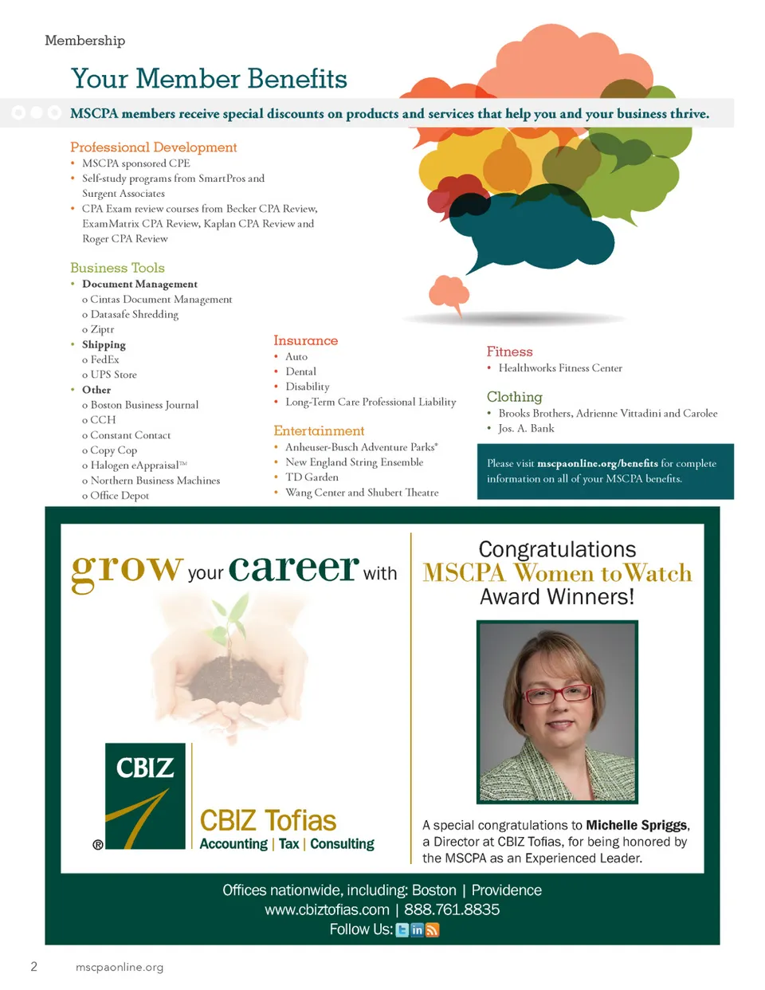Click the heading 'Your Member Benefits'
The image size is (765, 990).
[209, 79]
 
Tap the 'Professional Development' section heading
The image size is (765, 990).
[153, 147]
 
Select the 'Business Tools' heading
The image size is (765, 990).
[117, 268]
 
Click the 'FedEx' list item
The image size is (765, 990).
[104, 359]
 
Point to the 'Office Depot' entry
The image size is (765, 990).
[120, 496]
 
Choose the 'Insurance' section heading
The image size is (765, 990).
[305, 341]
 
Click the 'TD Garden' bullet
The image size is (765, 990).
[312, 477]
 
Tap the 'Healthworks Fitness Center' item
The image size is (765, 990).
[559, 368]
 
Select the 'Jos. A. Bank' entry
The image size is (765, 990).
[526, 429]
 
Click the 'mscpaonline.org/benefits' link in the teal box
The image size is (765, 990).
[597, 464]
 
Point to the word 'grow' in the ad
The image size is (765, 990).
[127, 568]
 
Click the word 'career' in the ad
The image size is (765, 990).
[293, 568]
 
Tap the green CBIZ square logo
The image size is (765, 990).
[145, 796]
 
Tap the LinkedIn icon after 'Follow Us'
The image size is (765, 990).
[417, 930]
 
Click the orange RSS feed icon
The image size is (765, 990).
[432, 930]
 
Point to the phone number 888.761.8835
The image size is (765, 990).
[452, 910]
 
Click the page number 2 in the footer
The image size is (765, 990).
[33, 967]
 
